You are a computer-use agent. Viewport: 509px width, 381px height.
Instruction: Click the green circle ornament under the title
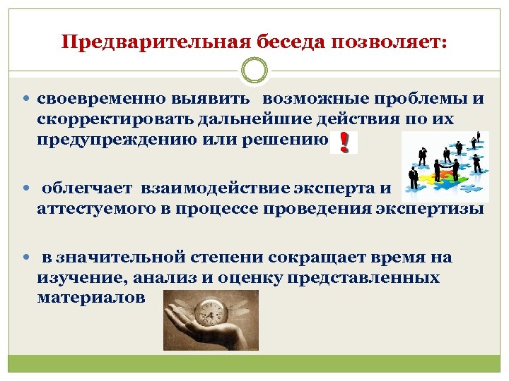[255, 71]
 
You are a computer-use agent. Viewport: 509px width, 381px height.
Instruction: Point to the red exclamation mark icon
[344, 142]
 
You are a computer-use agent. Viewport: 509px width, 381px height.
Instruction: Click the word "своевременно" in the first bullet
[100, 99]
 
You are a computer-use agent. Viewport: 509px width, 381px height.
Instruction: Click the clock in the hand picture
[210, 310]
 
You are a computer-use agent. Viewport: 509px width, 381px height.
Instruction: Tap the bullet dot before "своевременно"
[27, 99]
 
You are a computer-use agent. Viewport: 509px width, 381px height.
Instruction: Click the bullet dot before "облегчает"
[27, 188]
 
